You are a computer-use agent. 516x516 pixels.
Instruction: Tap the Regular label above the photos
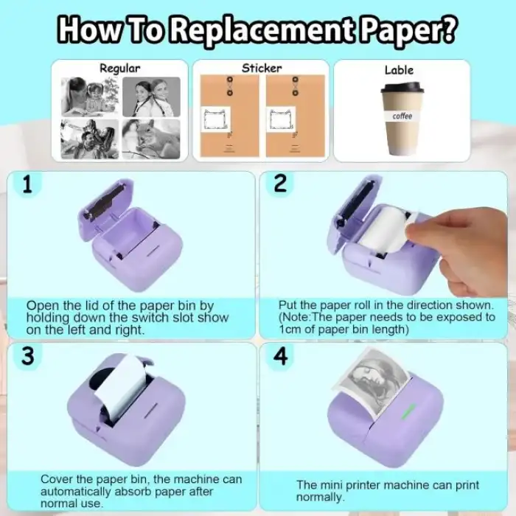(119, 69)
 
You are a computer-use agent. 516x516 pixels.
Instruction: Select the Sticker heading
(262, 68)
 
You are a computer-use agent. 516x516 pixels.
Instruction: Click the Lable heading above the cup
(399, 70)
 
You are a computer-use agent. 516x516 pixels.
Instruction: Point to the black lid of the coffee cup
(402, 87)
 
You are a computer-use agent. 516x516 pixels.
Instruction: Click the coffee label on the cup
(402, 116)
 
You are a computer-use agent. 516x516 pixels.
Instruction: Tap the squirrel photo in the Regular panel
(151, 139)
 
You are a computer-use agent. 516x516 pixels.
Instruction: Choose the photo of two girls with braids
(151, 97)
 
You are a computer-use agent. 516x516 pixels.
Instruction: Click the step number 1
(28, 184)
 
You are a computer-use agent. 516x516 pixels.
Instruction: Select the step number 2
(280, 184)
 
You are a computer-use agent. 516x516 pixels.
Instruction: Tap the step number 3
(28, 356)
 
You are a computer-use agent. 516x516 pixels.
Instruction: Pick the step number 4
(281, 356)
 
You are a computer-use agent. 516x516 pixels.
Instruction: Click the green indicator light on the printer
(408, 411)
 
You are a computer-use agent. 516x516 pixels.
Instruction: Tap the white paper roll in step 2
(385, 229)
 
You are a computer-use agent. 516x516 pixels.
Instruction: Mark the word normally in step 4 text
(320, 497)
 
